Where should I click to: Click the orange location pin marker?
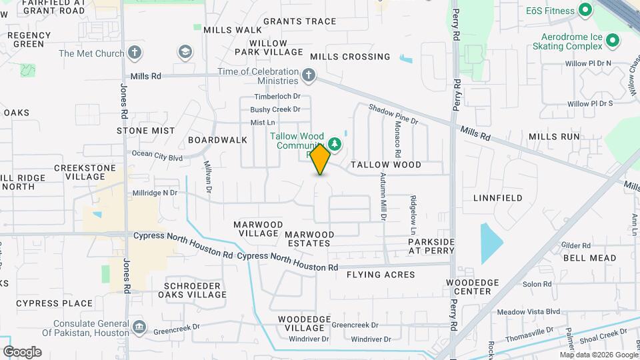click(x=321, y=159)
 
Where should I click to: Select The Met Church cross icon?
click(x=135, y=53)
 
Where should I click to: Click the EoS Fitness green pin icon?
click(x=585, y=10)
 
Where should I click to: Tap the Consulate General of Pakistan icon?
click(x=139, y=327)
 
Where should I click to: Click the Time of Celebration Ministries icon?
click(x=309, y=75)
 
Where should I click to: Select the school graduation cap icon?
click(x=185, y=52)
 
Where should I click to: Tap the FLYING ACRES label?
click(x=381, y=275)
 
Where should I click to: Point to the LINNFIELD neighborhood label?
click(x=498, y=198)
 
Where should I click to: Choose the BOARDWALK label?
click(x=217, y=140)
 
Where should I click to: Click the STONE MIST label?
click(x=146, y=131)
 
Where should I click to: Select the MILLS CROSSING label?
click(x=350, y=57)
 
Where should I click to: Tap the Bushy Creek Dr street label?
click(x=275, y=109)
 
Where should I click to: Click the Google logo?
click(x=22, y=352)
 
